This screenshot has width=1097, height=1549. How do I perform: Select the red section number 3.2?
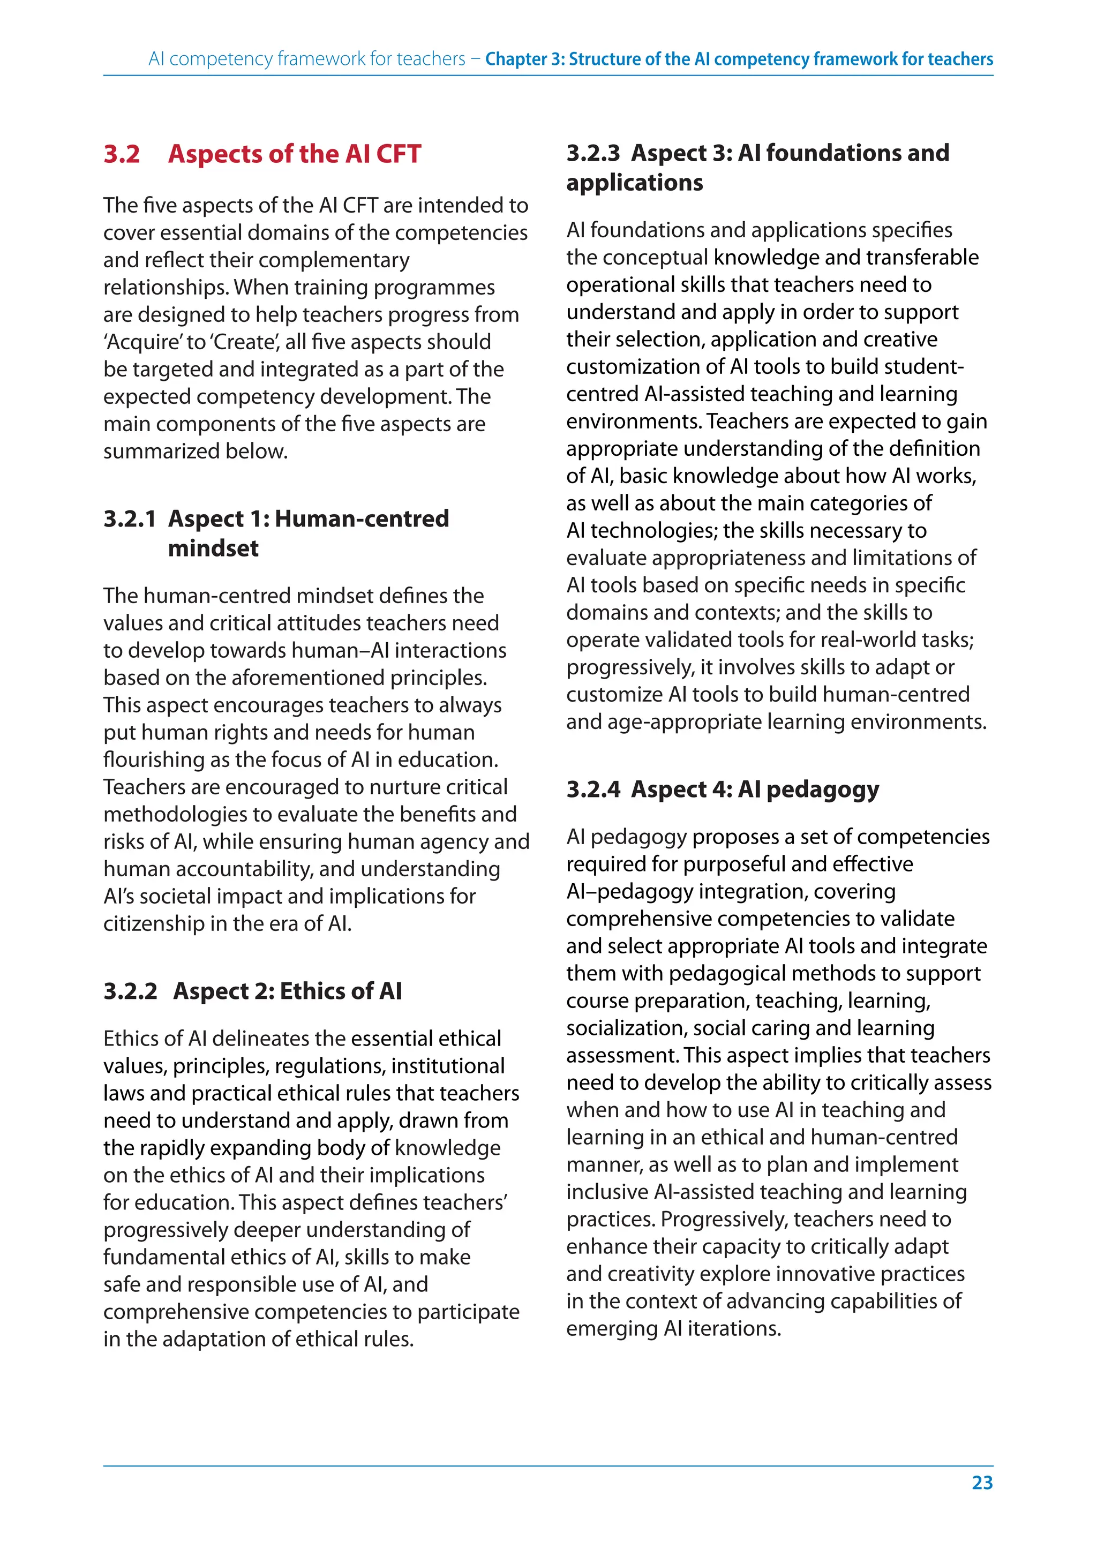coord(122,154)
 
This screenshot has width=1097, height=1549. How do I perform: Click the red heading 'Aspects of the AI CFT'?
coord(295,154)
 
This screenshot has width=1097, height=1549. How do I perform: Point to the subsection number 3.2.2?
coord(130,990)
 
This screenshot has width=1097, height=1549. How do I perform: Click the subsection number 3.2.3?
coord(592,153)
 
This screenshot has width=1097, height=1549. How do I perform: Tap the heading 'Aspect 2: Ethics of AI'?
coord(287,990)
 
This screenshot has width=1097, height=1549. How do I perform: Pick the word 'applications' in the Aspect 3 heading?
coord(634,183)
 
